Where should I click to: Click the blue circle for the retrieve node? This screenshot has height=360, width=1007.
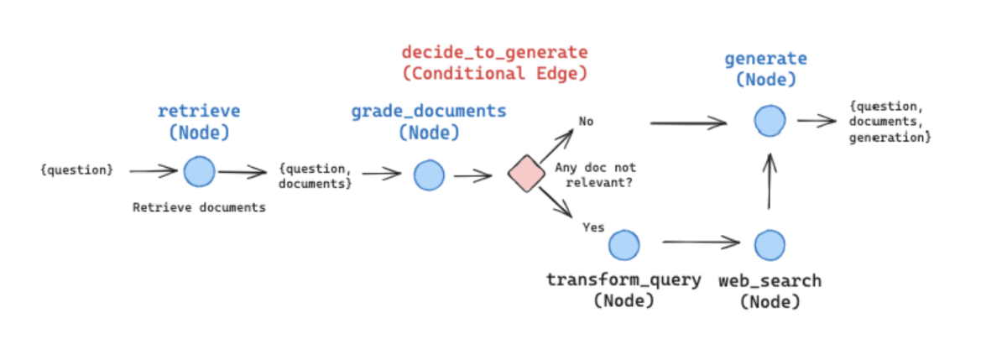pyautogui.click(x=199, y=171)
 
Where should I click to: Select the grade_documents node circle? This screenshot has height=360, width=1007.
pyautogui.click(x=429, y=175)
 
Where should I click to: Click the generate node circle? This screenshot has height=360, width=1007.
pyautogui.click(x=769, y=121)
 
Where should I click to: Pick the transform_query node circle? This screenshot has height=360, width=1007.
pyautogui.click(x=624, y=244)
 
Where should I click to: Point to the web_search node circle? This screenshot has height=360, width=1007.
pyautogui.click(x=770, y=244)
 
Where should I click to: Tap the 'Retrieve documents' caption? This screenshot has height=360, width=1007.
pyautogui.click(x=199, y=207)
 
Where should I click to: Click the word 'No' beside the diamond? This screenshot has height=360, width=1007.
pyautogui.click(x=586, y=121)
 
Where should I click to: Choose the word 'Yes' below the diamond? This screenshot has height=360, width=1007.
pyautogui.click(x=592, y=227)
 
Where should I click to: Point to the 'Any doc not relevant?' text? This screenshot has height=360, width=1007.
pyautogui.click(x=595, y=175)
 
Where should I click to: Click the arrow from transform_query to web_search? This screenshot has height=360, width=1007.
pyautogui.click(x=701, y=243)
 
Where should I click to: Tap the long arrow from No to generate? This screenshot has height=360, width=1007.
pyautogui.click(x=688, y=123)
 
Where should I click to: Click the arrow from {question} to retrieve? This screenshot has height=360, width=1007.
pyautogui.click(x=153, y=171)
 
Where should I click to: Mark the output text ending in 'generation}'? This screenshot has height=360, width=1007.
pyautogui.click(x=890, y=121)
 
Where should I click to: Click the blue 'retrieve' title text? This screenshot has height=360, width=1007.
pyautogui.click(x=199, y=111)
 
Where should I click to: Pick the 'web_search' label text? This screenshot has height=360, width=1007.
pyautogui.click(x=770, y=280)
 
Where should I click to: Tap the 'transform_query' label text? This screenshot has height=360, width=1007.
pyautogui.click(x=624, y=279)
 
